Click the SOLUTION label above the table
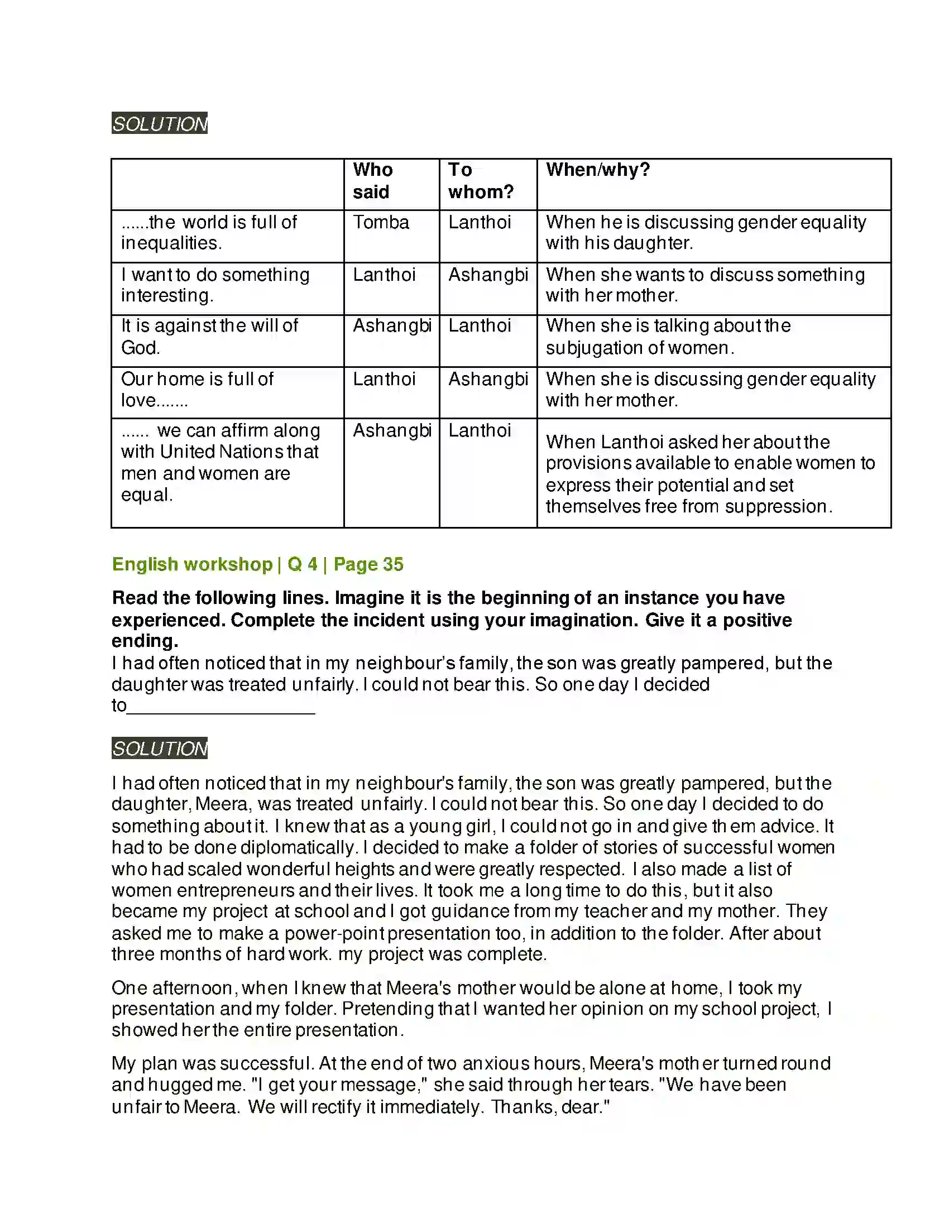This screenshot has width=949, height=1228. [160, 124]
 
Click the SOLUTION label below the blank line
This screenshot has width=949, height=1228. [160, 749]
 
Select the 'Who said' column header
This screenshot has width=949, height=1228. [372, 181]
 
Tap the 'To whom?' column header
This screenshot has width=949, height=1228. [481, 181]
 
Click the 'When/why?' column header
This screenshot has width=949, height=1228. [598, 170]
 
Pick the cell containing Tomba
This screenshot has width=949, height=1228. [381, 223]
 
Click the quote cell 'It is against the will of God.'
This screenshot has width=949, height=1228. [209, 337]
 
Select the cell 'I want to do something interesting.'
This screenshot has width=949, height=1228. [215, 285]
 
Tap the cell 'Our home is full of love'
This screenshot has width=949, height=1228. [196, 390]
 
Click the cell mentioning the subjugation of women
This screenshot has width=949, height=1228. [668, 337]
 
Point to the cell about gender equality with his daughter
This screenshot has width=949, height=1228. [706, 233]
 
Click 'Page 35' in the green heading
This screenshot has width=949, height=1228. [368, 564]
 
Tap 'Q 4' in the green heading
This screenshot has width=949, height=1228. [303, 564]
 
